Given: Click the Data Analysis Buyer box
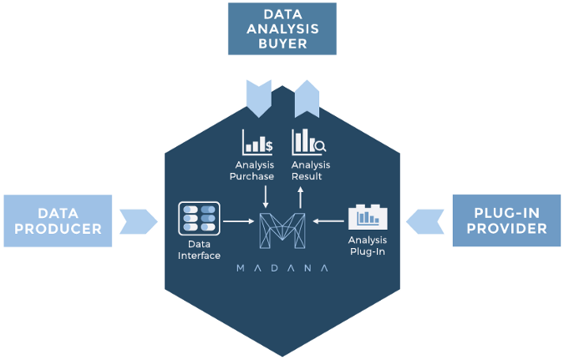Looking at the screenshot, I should pyautogui.click(x=282, y=29).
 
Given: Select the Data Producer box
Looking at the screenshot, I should pyautogui.click(x=58, y=221).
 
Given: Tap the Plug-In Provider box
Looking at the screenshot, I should pyautogui.click(x=506, y=221).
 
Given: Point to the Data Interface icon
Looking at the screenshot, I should pyautogui.click(x=199, y=218).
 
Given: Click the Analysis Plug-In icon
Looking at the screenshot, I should pyautogui.click(x=368, y=216).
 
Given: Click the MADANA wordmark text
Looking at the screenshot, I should pyautogui.click(x=282, y=268).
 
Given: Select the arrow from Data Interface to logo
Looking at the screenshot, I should pyautogui.click(x=239, y=222).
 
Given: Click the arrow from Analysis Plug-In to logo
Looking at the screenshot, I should pyautogui.click(x=328, y=222).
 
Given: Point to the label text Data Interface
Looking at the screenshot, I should pyautogui.click(x=199, y=249).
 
